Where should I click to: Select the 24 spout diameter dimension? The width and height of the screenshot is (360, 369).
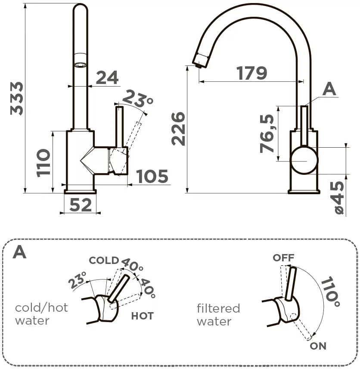click(107, 78)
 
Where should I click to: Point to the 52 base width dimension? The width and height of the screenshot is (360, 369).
click(81, 205)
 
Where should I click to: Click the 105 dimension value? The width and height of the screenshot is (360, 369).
click(152, 177)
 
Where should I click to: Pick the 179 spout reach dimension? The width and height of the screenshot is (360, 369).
click(252, 73)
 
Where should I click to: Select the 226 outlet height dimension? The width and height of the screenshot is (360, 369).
click(178, 129)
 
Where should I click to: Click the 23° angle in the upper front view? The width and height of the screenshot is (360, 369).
click(137, 99)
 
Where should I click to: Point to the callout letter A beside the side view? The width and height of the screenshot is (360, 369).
click(329, 89)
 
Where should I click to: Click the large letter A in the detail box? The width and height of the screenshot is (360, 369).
click(20, 252)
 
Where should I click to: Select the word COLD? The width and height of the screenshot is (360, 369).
click(103, 260)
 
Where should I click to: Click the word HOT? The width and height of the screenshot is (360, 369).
click(142, 316)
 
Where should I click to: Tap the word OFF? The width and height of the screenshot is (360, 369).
click(283, 257)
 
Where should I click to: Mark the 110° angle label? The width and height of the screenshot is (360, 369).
click(330, 291)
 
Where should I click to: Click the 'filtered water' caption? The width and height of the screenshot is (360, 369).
click(218, 314)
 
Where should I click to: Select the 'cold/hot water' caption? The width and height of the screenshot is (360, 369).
click(41, 314)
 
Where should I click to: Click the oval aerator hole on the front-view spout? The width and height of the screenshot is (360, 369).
click(80, 65)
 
